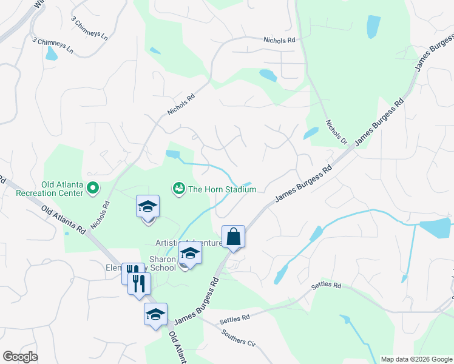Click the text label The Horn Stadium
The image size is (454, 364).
[x=222, y=189]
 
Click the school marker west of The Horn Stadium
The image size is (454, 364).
[x=147, y=207]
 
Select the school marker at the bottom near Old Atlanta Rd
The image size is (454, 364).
[x=155, y=315]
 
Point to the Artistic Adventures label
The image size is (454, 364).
[x=188, y=243]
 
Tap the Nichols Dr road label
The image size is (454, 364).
[x=335, y=132]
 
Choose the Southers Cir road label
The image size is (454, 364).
[x=238, y=337]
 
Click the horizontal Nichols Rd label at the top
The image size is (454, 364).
[x=279, y=40]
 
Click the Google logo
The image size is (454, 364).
[x=20, y=357]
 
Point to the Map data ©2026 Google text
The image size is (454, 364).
[x=416, y=359]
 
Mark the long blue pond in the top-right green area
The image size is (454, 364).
[x=373, y=27]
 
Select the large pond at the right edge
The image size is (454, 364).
[x=435, y=228]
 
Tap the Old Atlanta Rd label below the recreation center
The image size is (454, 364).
[x=64, y=220]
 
